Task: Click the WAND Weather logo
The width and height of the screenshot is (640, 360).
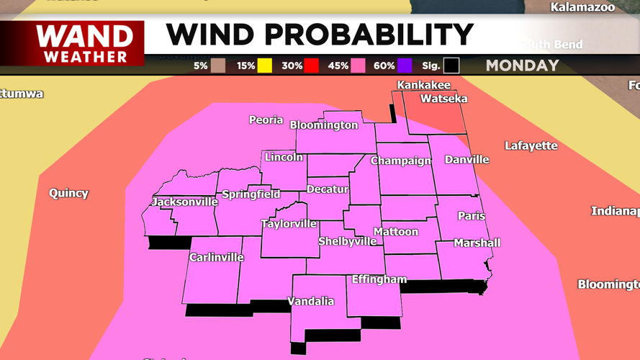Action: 85,44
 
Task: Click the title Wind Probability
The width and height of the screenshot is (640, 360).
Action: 320,35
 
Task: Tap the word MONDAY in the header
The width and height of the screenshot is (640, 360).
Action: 522,66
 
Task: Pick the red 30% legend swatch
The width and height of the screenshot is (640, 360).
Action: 311,66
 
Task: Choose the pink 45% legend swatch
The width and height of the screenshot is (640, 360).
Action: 358,66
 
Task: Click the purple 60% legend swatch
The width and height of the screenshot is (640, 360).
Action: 404,66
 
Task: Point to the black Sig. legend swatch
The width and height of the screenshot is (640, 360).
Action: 451,66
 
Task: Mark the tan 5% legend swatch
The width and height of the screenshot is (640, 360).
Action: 218,66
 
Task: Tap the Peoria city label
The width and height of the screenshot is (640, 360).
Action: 266,120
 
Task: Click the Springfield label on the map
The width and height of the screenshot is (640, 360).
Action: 251,194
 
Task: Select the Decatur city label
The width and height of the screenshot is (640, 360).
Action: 328,189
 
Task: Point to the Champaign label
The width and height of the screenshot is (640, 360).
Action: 400,161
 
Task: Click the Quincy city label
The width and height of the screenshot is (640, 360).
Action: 68,193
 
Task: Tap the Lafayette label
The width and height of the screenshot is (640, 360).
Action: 531,145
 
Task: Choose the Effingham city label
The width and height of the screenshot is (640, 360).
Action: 379,279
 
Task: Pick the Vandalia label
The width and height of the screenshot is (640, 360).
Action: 311,301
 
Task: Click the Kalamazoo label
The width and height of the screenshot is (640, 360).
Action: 583,8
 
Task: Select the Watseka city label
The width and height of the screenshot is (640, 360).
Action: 443,99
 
